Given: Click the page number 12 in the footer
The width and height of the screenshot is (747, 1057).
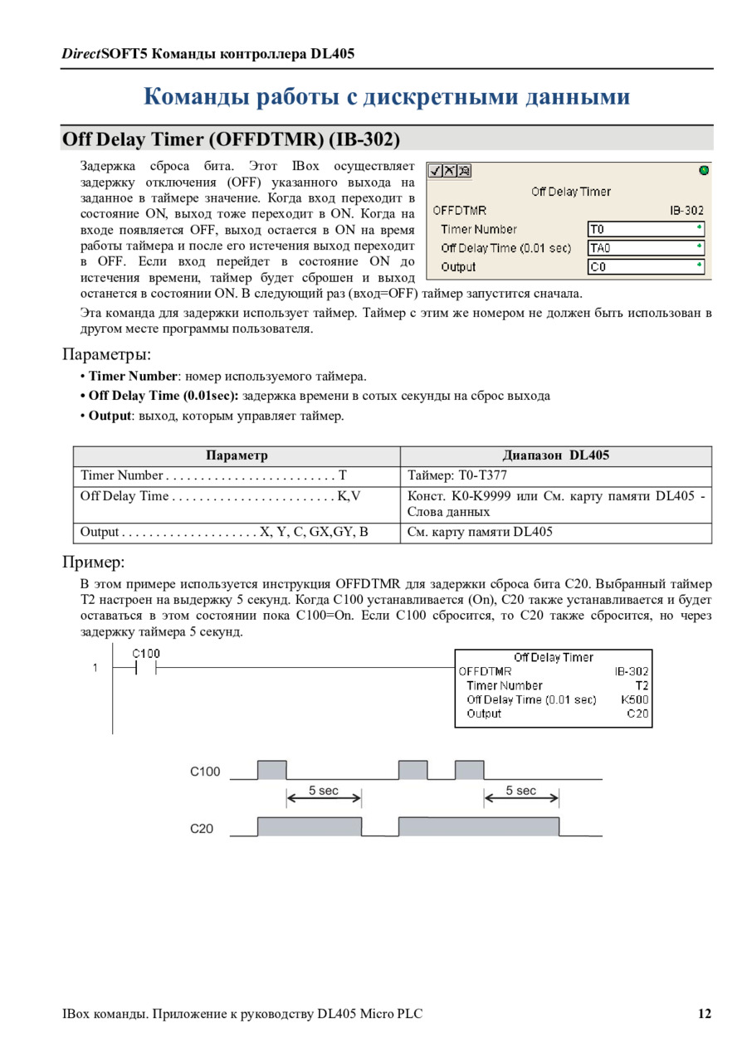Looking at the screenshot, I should pyautogui.click(x=704, y=1014).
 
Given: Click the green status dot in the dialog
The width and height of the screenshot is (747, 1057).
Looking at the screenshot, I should pyautogui.click(x=704, y=171).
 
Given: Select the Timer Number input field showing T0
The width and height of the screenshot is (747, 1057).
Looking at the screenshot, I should pyautogui.click(x=646, y=229).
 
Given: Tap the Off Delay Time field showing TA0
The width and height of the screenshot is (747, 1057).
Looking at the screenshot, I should pyautogui.click(x=646, y=248).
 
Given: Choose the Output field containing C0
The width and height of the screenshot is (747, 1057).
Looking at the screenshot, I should pyautogui.click(x=646, y=267).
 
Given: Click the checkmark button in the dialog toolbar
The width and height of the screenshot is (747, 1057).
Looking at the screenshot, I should pyautogui.click(x=436, y=171).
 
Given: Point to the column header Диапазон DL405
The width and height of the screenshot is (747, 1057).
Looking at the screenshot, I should pyautogui.click(x=555, y=455).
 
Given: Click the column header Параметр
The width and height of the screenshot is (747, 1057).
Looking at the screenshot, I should pyautogui.click(x=237, y=455).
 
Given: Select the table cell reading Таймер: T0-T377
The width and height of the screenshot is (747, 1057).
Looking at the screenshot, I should pyautogui.click(x=457, y=475).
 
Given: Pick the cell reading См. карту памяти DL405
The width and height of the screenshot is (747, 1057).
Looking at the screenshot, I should pyautogui.click(x=480, y=532).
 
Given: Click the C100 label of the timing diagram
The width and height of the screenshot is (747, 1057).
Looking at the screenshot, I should pyautogui.click(x=205, y=772).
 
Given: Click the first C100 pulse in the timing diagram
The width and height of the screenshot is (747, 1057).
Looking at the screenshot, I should pyautogui.click(x=271, y=770).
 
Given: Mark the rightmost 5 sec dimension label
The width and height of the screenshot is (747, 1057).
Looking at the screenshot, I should pyautogui.click(x=521, y=791).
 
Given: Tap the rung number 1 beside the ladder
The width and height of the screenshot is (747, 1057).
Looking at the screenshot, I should pyautogui.click(x=95, y=668).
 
